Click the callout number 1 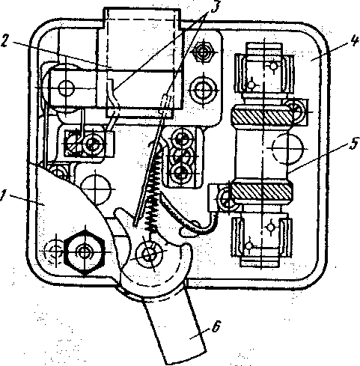coord(3,195)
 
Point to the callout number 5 coord(354,143)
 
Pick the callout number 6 coord(216,326)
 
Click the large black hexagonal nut coord(85,252)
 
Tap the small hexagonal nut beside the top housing coord(204,52)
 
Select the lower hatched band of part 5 coord(261,192)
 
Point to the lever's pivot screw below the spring coord(149,254)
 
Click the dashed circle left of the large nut coord(55,252)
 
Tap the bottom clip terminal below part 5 coord(261,240)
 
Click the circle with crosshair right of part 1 coord(95,189)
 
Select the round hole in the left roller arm coord(66,88)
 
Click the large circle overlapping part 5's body coord(287,148)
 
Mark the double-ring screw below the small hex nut coord(204,89)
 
